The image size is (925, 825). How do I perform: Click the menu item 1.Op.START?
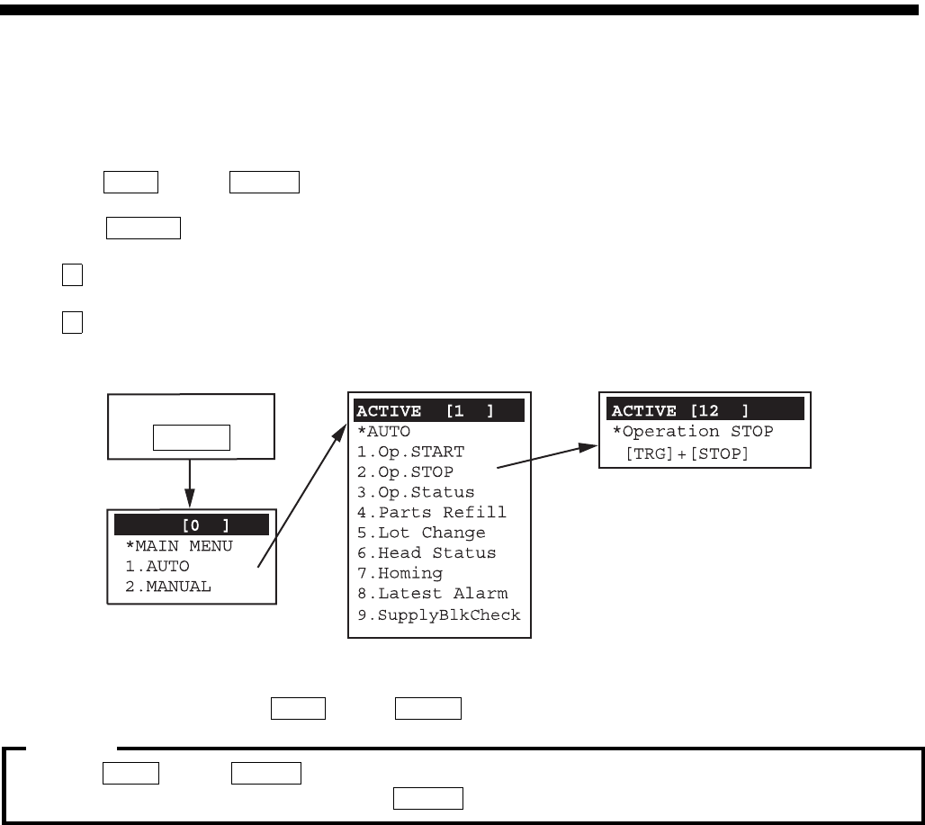pyautogui.click(x=410, y=452)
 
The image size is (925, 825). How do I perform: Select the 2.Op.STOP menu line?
pyautogui.click(x=405, y=471)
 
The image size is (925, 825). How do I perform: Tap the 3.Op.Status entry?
pyautogui.click(x=415, y=492)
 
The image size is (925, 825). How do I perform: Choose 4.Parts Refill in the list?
pyautogui.click(x=431, y=512)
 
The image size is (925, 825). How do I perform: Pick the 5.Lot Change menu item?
pyautogui.click(x=421, y=533)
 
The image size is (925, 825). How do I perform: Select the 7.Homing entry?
pyautogui.click(x=400, y=573)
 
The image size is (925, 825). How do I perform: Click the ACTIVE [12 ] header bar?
pyautogui.click(x=705, y=410)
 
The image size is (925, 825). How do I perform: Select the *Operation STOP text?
pyautogui.click(x=693, y=432)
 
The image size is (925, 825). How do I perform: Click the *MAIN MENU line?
pyautogui.click(x=178, y=546)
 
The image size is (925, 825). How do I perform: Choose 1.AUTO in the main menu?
pyautogui.click(x=157, y=566)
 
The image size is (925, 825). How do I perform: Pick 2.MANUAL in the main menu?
pyautogui.click(x=168, y=587)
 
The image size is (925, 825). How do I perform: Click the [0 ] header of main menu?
pyautogui.click(x=192, y=525)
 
